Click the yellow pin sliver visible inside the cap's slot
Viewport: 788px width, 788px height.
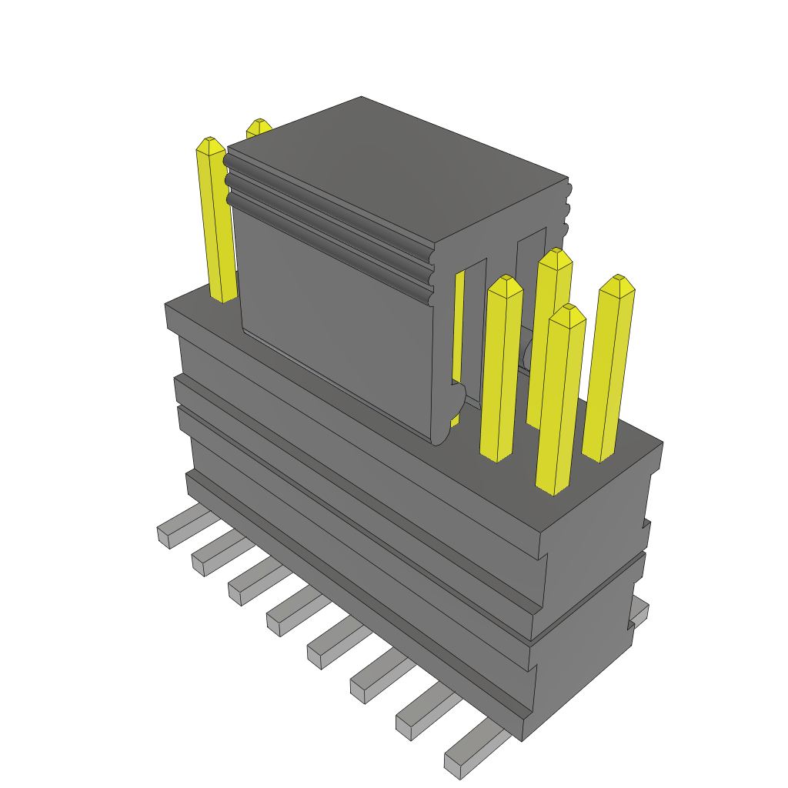(459, 323)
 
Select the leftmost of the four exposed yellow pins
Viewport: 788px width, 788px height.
(500, 369)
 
